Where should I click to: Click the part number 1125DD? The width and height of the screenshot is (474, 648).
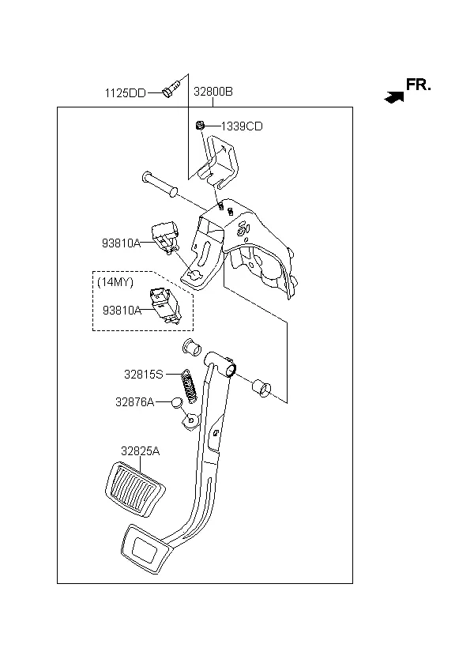125,92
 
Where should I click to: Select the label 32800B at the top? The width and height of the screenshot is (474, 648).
213,92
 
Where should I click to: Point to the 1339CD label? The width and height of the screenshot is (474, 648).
241,126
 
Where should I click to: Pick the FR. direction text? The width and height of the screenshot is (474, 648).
419,85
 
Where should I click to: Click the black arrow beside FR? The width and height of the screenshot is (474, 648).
393,97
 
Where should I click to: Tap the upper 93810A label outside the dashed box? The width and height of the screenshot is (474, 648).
121,243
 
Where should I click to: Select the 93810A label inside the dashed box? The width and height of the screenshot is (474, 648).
122,311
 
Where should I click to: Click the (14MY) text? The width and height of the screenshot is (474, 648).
115,282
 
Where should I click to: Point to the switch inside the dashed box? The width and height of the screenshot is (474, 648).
166,306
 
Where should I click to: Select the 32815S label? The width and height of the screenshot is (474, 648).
143,374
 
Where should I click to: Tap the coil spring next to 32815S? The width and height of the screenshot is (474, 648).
190,386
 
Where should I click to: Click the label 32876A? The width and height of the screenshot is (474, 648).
134,402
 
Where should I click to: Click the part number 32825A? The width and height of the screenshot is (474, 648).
140,451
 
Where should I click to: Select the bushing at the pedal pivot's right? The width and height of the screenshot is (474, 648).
260,389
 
